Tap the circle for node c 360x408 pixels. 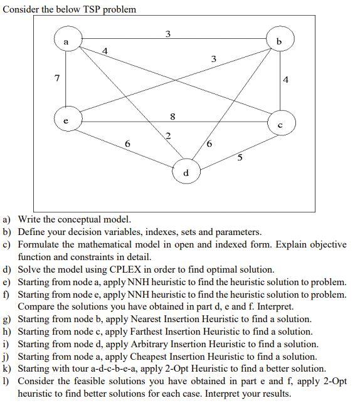(x=279, y=122)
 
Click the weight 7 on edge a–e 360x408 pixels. (x=57, y=79)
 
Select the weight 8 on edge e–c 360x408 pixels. (x=172, y=115)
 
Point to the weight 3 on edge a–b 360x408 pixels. (x=167, y=33)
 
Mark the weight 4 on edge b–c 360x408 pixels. (x=285, y=80)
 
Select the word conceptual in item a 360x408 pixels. (x=70, y=219)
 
